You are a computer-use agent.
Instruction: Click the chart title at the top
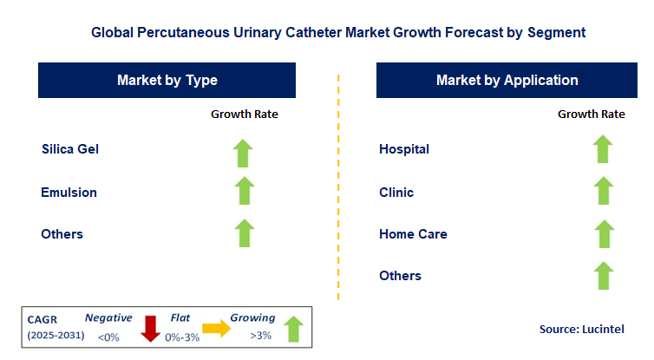(338, 32)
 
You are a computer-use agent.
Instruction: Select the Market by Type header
(167, 81)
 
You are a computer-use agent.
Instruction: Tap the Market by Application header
(507, 81)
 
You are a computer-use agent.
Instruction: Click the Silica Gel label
(70, 149)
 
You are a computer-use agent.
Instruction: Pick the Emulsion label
(69, 192)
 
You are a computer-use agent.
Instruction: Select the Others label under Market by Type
(62, 234)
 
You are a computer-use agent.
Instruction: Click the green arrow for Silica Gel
(244, 152)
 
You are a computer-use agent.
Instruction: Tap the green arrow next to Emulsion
(244, 191)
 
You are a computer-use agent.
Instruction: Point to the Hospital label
(404, 149)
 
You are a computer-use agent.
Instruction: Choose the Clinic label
(396, 192)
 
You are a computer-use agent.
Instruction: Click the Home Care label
(413, 234)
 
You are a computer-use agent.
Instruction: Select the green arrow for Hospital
(602, 149)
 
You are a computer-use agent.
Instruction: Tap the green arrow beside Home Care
(602, 233)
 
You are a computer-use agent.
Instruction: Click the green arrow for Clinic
(602, 191)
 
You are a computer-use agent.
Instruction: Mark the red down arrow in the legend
(150, 328)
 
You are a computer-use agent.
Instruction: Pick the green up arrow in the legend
(293, 328)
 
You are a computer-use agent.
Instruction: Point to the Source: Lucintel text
(581, 329)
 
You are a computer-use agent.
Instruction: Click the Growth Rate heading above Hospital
(591, 114)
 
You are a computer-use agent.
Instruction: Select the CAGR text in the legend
(44, 318)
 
